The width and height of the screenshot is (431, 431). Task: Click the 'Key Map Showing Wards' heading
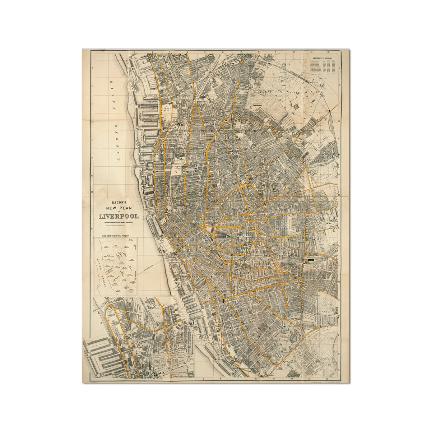pyautogui.click(x=116, y=236)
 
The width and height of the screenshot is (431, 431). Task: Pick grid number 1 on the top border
pyautogui.click(x=133, y=52)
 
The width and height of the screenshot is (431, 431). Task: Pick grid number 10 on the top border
pyautogui.click(x=293, y=52)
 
